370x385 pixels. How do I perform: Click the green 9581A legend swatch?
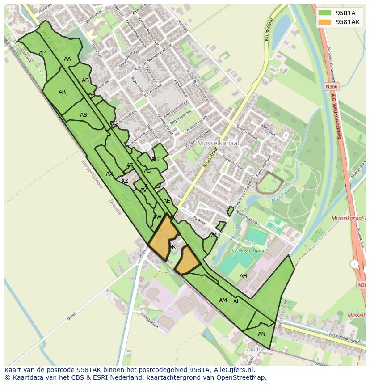[325, 13]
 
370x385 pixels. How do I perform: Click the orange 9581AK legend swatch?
[325, 22]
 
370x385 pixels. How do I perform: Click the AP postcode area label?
[42, 53]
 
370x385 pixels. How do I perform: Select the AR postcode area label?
[62, 92]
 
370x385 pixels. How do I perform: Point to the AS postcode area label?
[84, 115]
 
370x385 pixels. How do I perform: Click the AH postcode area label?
[243, 276]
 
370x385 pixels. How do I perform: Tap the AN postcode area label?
[261, 334]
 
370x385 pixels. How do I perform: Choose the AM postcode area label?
[223, 300]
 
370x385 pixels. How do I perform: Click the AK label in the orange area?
[172, 247]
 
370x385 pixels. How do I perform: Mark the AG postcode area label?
[155, 159]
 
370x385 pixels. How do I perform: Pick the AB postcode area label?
[85, 80]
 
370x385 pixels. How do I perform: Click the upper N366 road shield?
[332, 87]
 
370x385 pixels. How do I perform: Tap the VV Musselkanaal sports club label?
[249, 251]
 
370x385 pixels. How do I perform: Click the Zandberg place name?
[257, 350]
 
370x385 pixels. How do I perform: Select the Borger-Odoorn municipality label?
[92, 174]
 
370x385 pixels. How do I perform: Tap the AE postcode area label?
[167, 201]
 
